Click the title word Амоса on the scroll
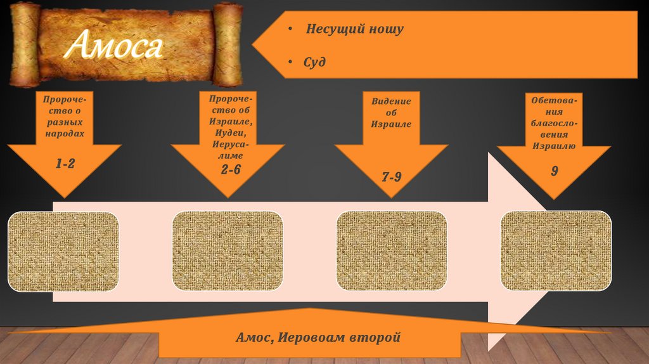pyautogui.click(x=116, y=46)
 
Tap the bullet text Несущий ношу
pyautogui.click(x=354, y=29)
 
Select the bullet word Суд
pyautogui.click(x=314, y=62)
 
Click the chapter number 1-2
pyautogui.click(x=65, y=164)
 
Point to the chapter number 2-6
pyautogui.click(x=231, y=169)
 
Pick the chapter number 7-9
pyautogui.click(x=391, y=176)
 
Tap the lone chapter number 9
pyautogui.click(x=554, y=172)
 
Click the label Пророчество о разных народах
pyautogui.click(x=63, y=117)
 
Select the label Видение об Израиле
pyautogui.click(x=391, y=113)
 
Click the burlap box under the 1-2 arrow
pyautogui.click(x=63, y=251)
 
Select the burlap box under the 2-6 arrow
pyautogui.click(x=227, y=251)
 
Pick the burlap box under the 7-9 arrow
pyautogui.click(x=391, y=251)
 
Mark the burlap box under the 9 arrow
pyautogui.click(x=556, y=251)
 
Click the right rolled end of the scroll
pyautogui.click(x=228, y=45)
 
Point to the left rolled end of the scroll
pyautogui.click(x=25, y=44)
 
